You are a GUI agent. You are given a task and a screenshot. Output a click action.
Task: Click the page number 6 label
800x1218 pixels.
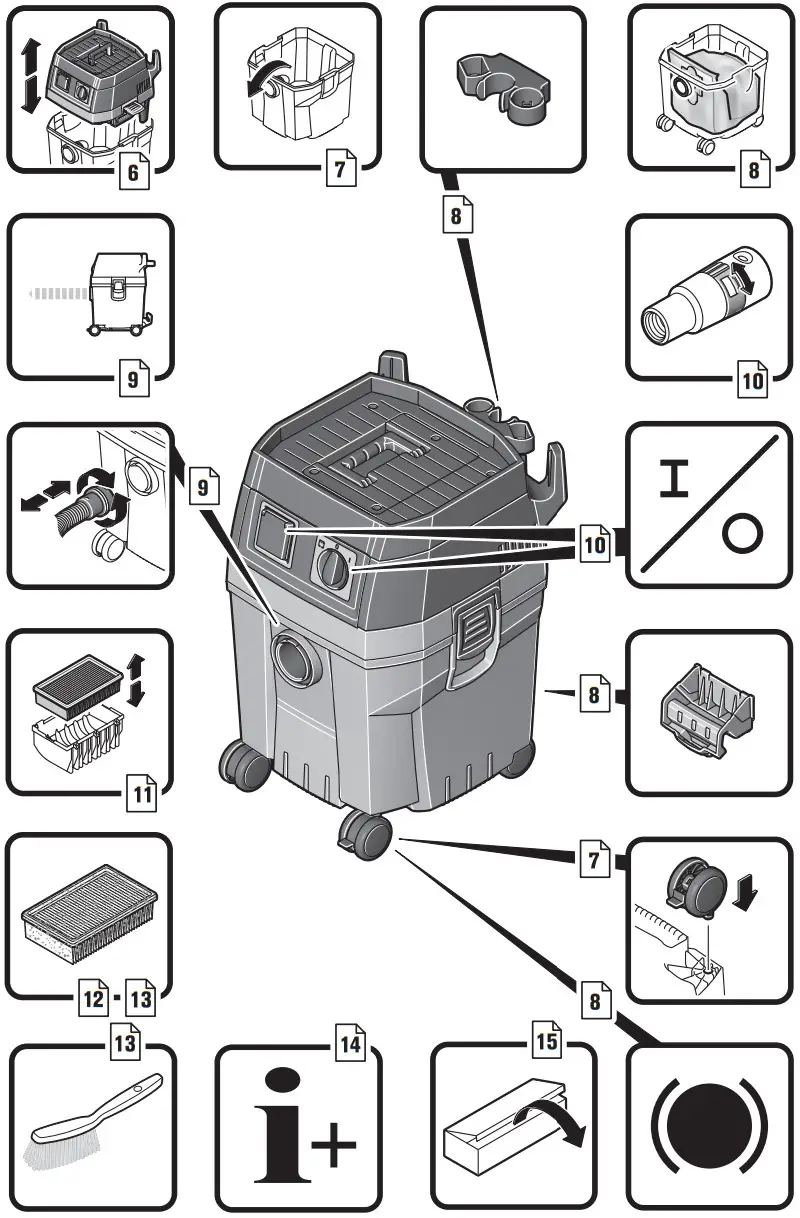coord(134,173)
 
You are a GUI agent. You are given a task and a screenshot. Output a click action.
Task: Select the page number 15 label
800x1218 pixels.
coord(546,1044)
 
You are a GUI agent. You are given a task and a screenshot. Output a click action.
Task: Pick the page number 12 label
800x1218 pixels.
coord(93,997)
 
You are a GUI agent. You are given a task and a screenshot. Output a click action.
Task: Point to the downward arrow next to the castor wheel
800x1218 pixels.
coord(745,888)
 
